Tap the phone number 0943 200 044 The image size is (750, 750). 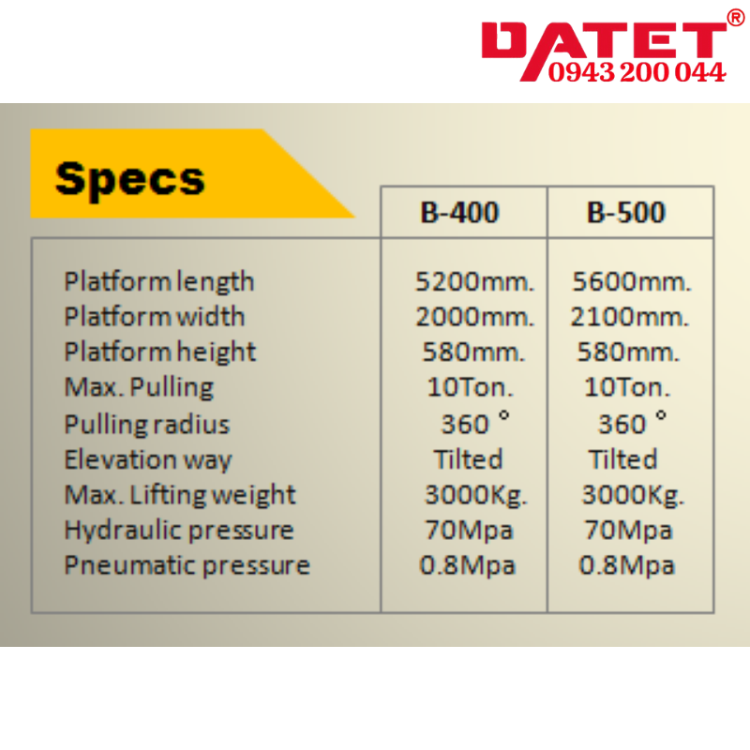pyautogui.click(x=637, y=72)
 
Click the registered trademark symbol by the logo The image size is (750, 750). pyautogui.click(x=736, y=18)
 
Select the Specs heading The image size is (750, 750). pyautogui.click(x=129, y=179)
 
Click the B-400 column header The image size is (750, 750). pyautogui.click(x=459, y=212)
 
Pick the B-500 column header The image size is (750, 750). pyautogui.click(x=626, y=212)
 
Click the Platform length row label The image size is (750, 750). pyautogui.click(x=158, y=281)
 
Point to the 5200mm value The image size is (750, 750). pyautogui.click(x=474, y=281)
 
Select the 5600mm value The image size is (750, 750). pyautogui.click(x=631, y=281)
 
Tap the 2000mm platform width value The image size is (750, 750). pyautogui.click(x=474, y=317)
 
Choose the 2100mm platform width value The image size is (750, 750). pyautogui.click(x=629, y=317)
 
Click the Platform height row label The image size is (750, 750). pyautogui.click(x=159, y=352)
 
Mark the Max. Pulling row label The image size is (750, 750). pyautogui.click(x=139, y=387)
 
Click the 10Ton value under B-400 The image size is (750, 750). pyautogui.click(x=471, y=387)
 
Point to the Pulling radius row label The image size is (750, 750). pyautogui.click(x=147, y=425)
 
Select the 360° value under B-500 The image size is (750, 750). pyautogui.click(x=632, y=423)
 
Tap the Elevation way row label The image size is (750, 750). pyautogui.click(x=148, y=460)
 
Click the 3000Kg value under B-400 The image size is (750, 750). pyautogui.click(x=476, y=495)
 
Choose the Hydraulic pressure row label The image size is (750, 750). pyautogui.click(x=179, y=531)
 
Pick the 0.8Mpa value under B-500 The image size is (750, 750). pyautogui.click(x=626, y=565)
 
